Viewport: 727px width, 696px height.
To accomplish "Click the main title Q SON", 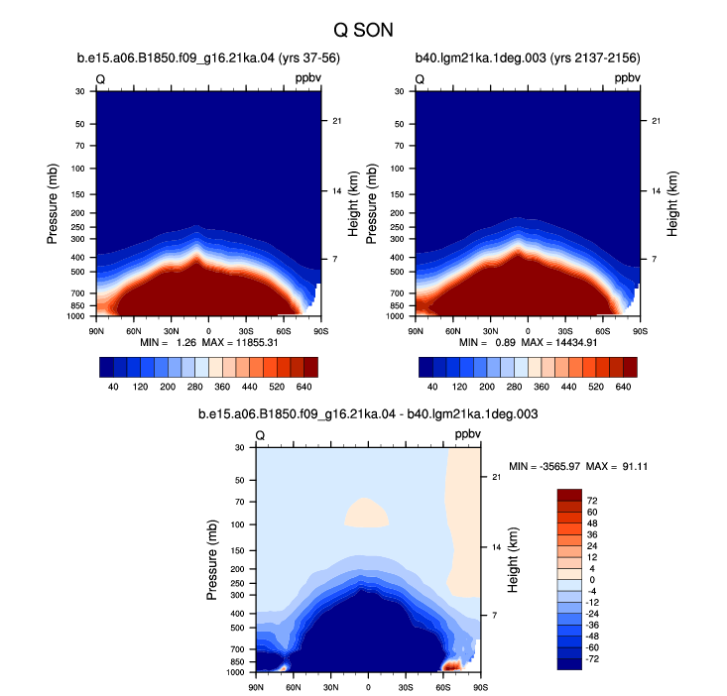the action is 363,31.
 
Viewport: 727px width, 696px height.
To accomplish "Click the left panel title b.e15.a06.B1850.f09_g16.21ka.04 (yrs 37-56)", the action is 208,58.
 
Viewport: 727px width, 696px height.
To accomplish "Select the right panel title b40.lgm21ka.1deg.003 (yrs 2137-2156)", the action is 528,58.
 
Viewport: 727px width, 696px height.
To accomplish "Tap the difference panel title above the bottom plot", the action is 368,413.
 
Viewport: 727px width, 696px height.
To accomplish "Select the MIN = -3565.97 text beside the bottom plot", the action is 545,466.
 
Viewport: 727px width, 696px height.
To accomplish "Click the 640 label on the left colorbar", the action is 304,387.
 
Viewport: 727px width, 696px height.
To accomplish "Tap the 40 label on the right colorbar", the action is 432,387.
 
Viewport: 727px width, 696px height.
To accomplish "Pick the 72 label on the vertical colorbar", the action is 592,501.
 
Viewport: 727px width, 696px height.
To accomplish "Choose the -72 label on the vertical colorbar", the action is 592,659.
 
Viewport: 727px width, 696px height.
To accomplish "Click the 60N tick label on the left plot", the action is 134,331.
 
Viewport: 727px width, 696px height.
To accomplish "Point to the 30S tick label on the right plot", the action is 565,331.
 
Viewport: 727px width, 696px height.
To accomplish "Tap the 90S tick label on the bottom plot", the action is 481,687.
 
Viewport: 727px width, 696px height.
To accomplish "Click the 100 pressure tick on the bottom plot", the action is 238,524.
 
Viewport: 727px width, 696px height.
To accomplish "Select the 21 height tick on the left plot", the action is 336,121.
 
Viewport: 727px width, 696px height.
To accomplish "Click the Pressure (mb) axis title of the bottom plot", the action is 212,560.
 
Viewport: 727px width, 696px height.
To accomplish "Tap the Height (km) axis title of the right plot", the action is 672,204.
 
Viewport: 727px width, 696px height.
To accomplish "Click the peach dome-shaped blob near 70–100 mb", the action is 366,513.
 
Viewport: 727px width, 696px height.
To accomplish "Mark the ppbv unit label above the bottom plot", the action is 468,434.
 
